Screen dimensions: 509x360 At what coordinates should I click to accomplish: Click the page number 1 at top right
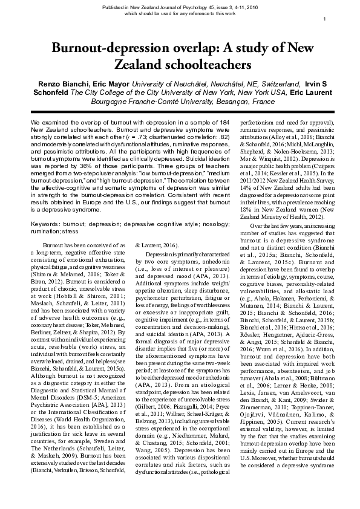click(x=326, y=19)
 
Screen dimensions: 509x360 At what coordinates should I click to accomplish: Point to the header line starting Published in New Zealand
click(x=180, y=5)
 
